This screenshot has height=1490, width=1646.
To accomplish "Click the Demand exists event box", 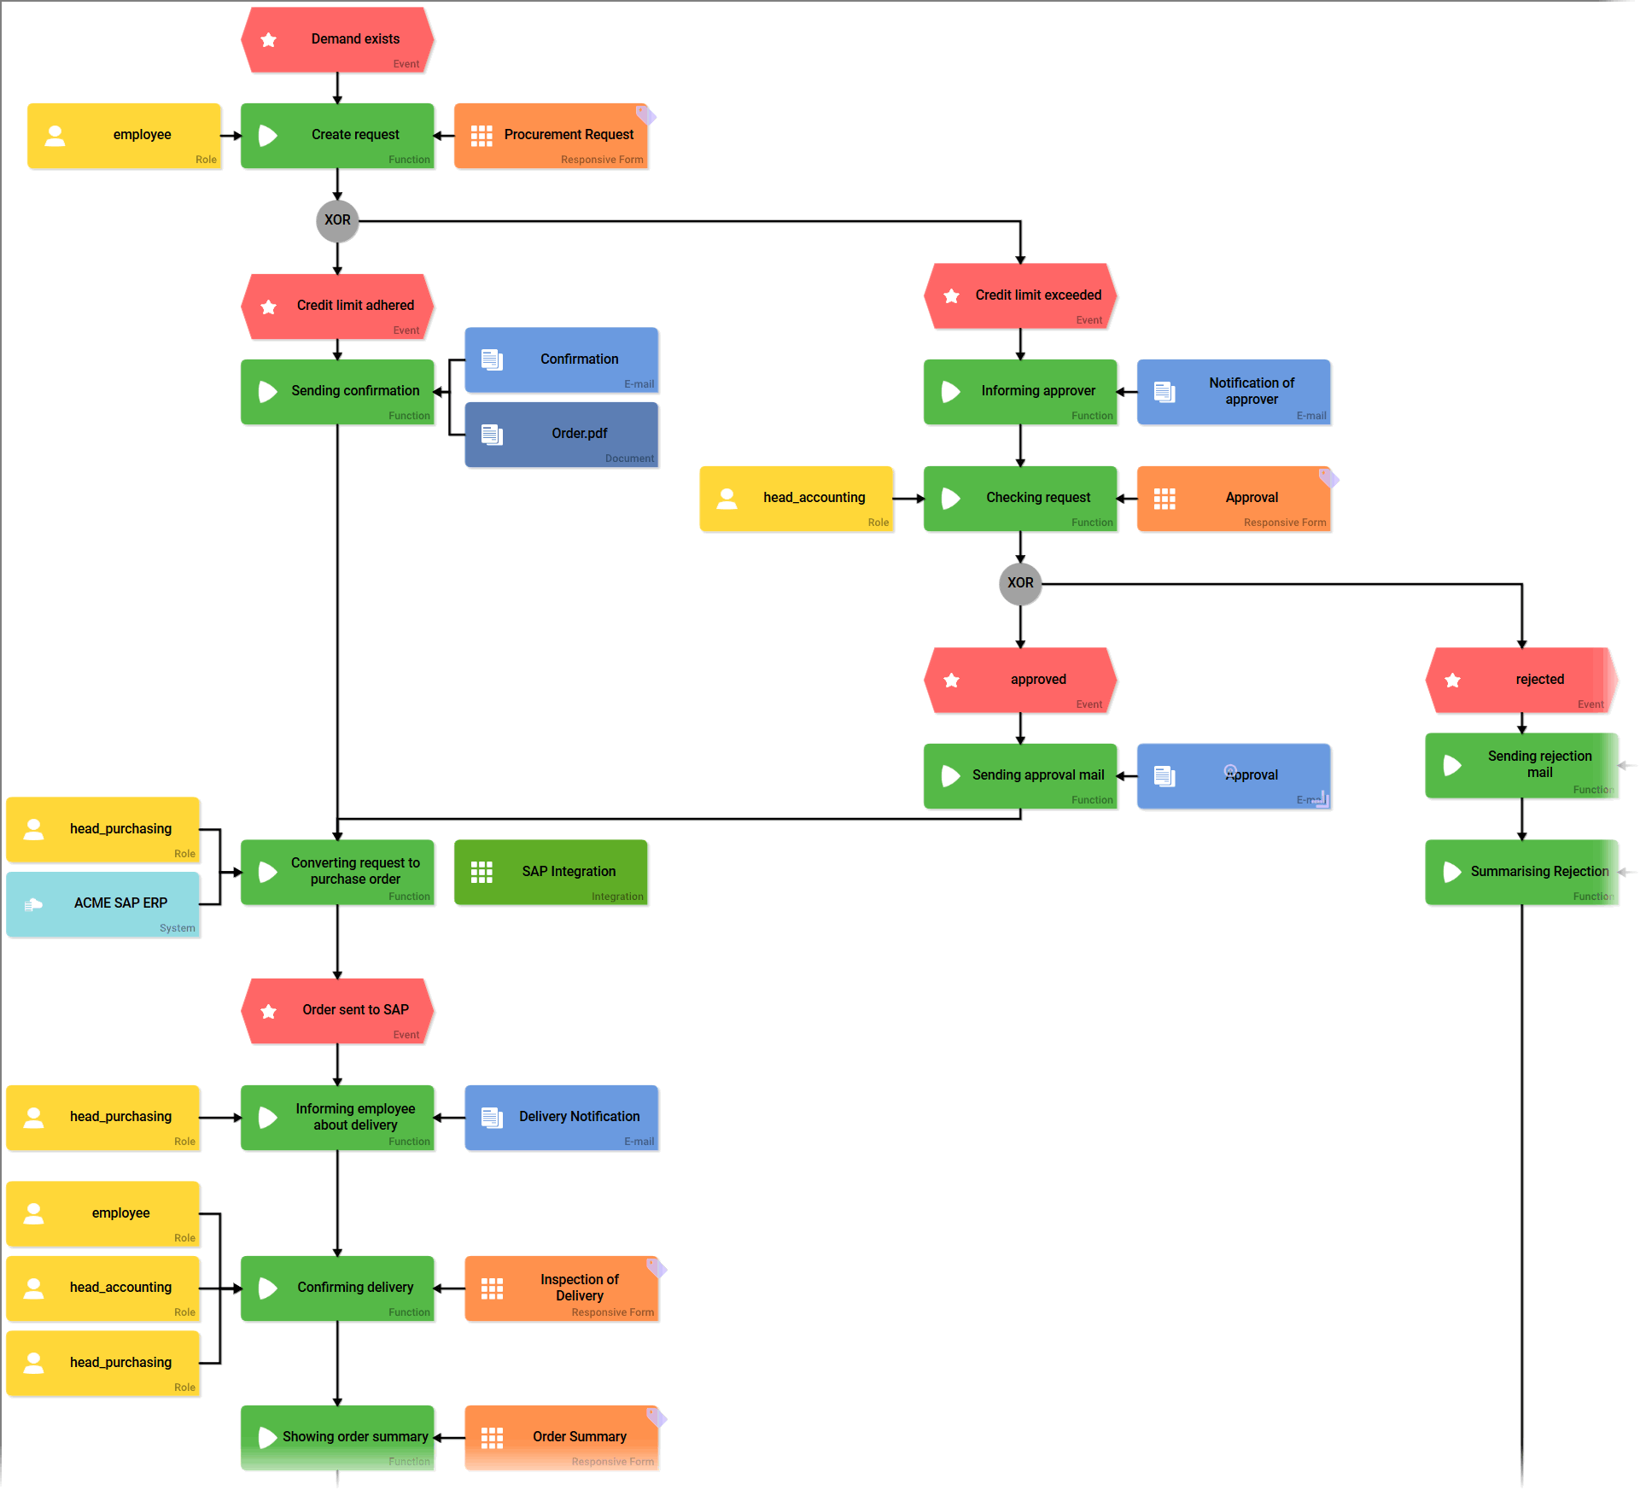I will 338,40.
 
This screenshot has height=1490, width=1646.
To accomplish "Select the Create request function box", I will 338,136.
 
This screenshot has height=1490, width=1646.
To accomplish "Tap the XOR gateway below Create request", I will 337,220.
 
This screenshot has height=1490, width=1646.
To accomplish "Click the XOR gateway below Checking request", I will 1020,583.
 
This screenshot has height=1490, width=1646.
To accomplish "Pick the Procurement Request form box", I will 551,136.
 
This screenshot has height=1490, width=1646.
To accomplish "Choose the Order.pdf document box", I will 561,435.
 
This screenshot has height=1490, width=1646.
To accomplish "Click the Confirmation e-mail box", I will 561,359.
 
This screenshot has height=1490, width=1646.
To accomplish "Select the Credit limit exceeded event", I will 1020,296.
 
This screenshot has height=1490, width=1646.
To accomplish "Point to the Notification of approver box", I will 1234,392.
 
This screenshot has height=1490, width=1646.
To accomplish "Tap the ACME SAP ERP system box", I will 103,904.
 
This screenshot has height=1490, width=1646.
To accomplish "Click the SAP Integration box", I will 551,872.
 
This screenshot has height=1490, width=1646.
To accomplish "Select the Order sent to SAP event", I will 338,1011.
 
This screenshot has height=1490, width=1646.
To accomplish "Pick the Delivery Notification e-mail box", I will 561,1118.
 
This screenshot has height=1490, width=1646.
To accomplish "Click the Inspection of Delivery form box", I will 561,1288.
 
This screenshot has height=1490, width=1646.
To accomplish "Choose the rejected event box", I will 1521,681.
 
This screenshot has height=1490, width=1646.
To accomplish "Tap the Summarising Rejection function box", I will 1521,872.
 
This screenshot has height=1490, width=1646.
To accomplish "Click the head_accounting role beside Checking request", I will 797,499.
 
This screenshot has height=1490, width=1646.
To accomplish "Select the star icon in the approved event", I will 952,681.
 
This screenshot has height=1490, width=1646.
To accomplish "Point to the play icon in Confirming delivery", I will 268,1288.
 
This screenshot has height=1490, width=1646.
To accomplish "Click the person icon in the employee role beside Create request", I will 55,136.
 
